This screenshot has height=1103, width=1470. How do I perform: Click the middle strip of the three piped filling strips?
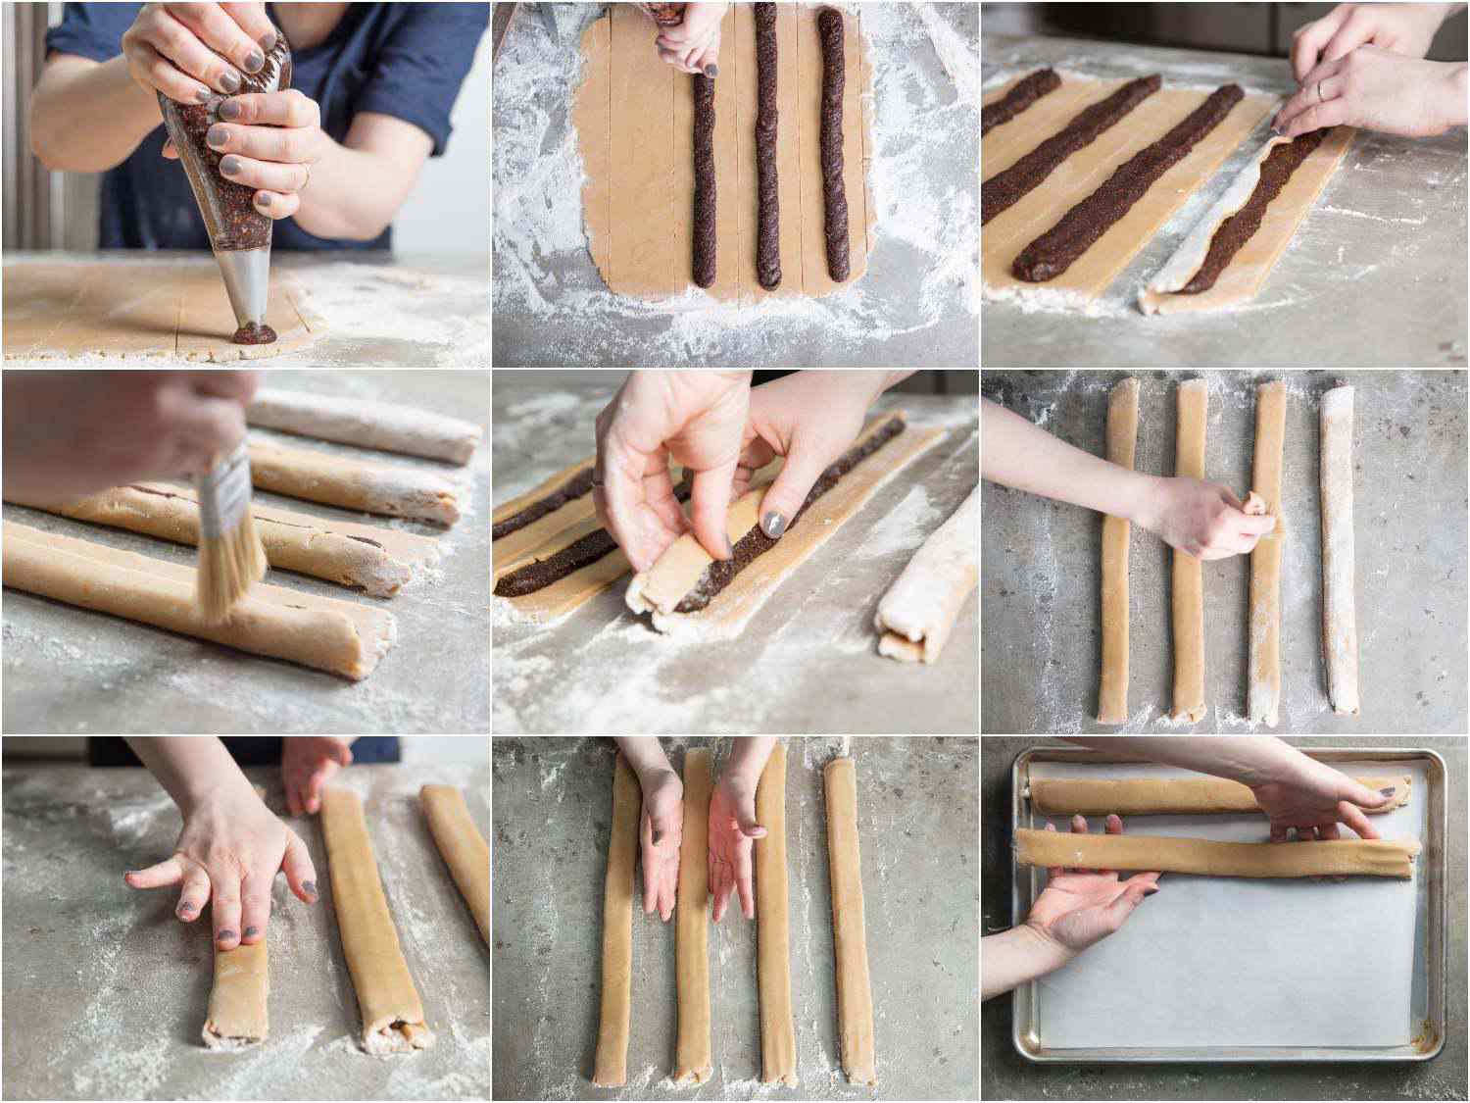767,157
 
